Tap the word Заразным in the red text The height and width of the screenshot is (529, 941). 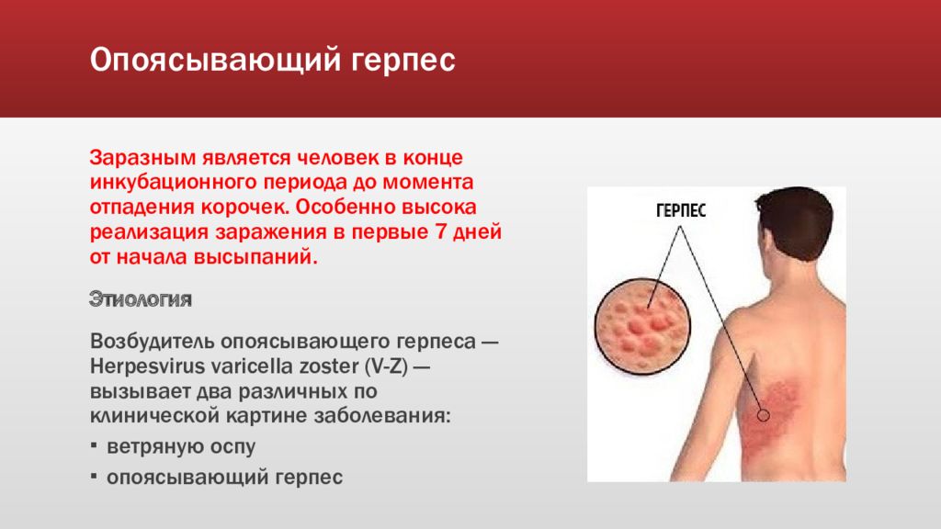tap(142, 158)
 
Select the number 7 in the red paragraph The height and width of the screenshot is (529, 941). tap(440, 231)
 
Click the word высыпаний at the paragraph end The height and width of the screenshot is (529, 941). tap(255, 257)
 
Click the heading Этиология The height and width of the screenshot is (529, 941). tap(141, 298)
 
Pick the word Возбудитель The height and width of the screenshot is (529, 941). tap(153, 342)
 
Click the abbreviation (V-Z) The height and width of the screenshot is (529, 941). tap(387, 366)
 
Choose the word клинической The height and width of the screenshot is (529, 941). tap(154, 416)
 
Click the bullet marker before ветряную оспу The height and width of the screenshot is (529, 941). tap(94, 445)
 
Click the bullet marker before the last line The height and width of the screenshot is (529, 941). tap(94, 477)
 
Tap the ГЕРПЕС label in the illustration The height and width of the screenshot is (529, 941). tap(681, 211)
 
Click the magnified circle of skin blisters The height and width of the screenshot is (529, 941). tap(642, 326)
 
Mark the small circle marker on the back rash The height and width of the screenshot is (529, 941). tap(764, 414)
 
